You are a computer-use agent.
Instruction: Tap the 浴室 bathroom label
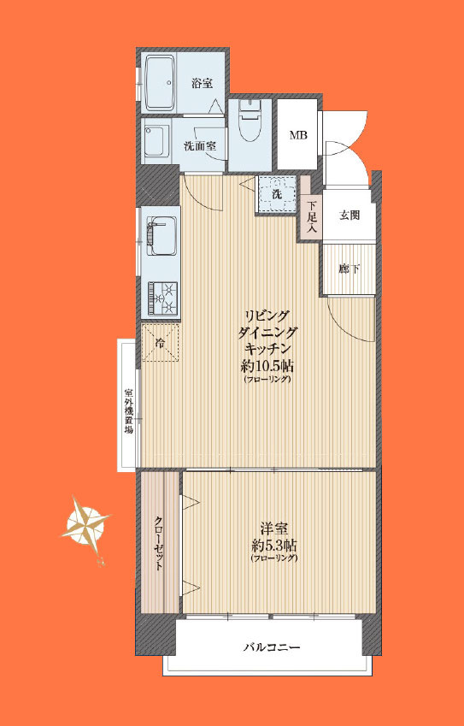[x=203, y=83]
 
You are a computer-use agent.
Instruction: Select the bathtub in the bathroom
[x=158, y=83]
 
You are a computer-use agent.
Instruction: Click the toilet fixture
[x=250, y=124]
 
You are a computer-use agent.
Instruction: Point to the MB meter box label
[x=298, y=136]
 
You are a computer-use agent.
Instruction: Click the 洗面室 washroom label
[x=200, y=146]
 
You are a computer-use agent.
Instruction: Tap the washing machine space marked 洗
[x=277, y=194]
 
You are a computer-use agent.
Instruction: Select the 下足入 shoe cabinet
[x=311, y=215]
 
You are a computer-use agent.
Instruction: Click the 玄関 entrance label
[x=349, y=215]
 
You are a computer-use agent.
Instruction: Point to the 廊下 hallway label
[x=349, y=269]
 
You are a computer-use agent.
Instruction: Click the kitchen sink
[x=160, y=233]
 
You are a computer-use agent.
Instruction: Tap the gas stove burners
[x=162, y=298]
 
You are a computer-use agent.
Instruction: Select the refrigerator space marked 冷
[x=160, y=343]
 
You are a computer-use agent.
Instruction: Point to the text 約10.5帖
[x=267, y=367]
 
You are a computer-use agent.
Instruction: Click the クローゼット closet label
[x=158, y=542]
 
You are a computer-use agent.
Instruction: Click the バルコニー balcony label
[x=272, y=646]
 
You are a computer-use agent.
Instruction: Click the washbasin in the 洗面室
[x=157, y=140]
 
